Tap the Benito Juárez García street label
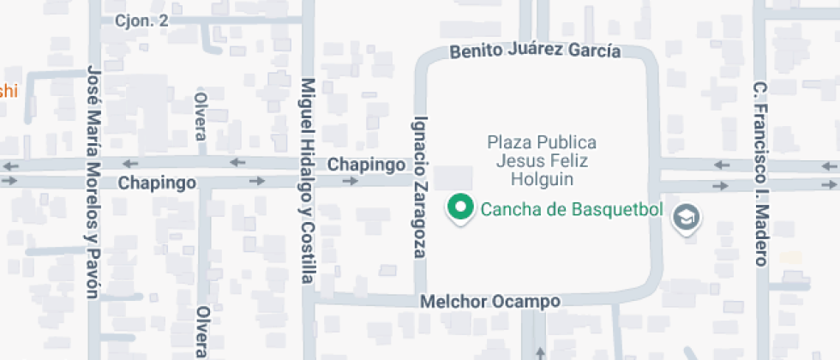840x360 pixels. (536, 51)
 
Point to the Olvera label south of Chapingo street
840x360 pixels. (202, 332)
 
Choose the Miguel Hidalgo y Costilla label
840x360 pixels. (308, 181)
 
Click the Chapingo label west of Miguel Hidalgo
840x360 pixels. (157, 183)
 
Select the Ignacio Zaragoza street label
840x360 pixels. (420, 186)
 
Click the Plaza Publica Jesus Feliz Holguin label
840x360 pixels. (541, 160)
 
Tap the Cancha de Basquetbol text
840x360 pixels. (572, 207)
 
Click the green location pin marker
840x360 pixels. (461, 207)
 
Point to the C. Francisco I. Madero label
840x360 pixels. (759, 174)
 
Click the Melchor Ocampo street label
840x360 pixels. (490, 302)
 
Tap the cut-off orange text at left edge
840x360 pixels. (8, 91)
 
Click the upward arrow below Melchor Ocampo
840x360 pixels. (539, 351)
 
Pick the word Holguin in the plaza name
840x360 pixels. (541, 179)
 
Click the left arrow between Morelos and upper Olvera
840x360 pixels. (130, 163)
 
